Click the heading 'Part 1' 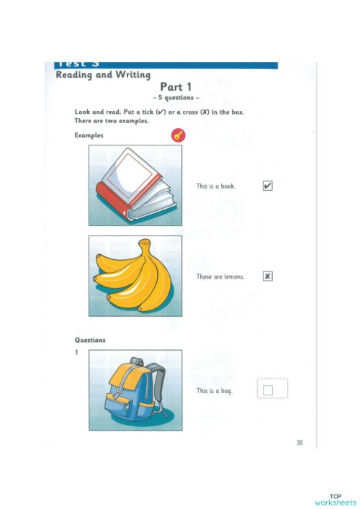point(176,87)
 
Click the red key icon point(179,135)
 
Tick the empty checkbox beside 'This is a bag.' point(268,390)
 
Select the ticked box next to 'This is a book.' point(268,186)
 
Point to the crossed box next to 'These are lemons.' point(268,276)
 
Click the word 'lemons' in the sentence point(234,276)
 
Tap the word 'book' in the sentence point(228,186)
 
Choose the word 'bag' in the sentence point(227,391)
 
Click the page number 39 point(300,443)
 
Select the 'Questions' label point(90,341)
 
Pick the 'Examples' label point(89,135)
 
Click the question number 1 point(76,352)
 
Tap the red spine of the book point(112,202)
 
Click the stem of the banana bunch point(145,245)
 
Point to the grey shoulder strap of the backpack point(159,383)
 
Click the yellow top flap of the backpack point(127,375)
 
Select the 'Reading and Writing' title point(103,75)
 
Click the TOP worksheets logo point(336,500)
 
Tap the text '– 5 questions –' point(176,98)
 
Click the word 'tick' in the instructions point(148,112)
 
